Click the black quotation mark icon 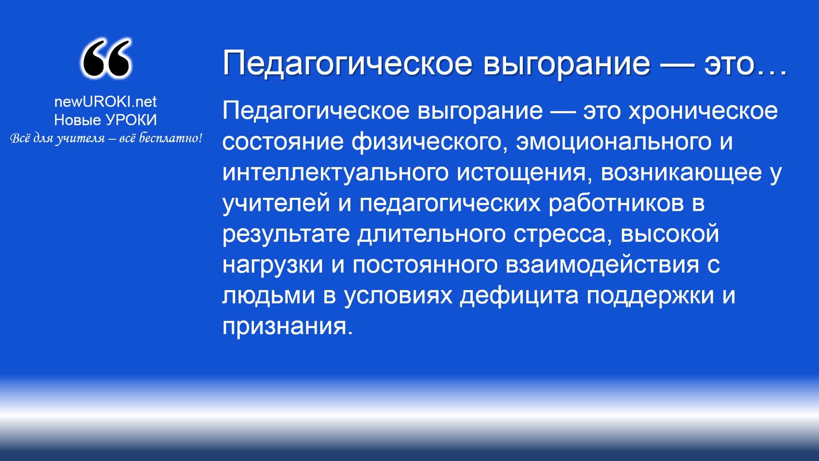point(105,59)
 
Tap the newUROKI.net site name point(105,102)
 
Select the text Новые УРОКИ point(105,120)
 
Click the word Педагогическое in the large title point(347,63)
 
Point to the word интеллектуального point(335,172)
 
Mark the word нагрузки point(273,265)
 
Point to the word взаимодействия point(603,265)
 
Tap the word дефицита point(519,296)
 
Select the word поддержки point(650,296)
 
